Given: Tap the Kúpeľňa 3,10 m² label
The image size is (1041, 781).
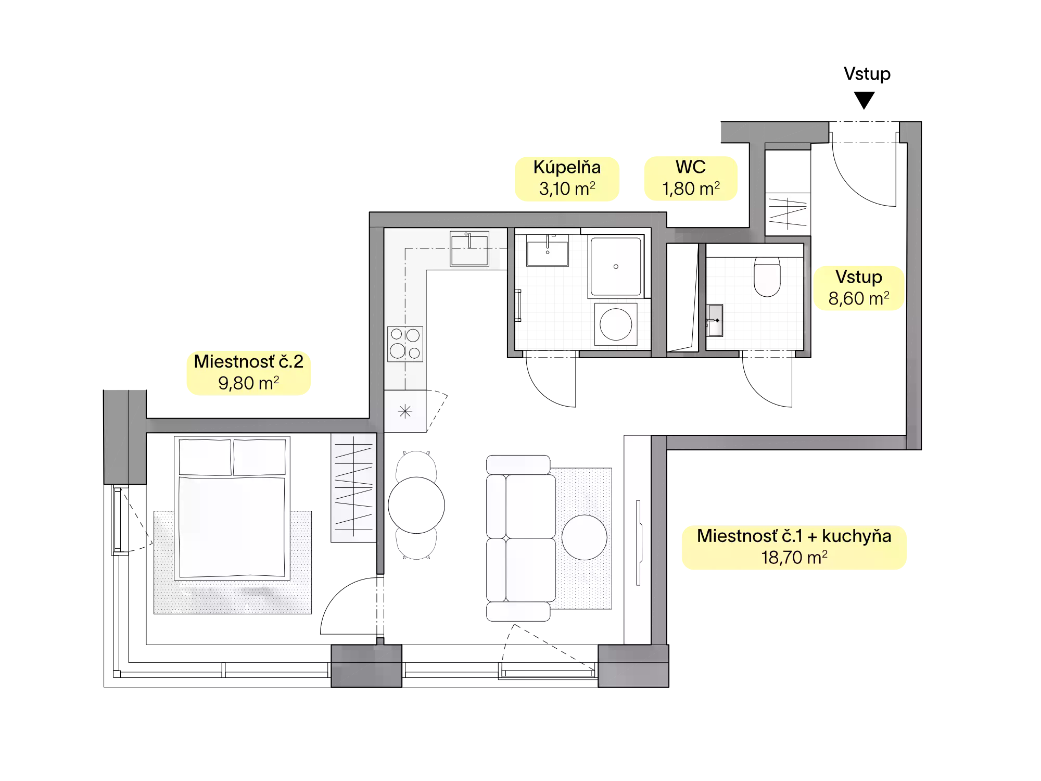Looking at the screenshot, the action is [567, 179].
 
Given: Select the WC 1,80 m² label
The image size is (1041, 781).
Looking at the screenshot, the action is [691, 178].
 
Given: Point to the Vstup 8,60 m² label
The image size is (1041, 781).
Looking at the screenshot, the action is [859, 288].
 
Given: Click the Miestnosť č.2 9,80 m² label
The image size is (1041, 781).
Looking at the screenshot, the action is [249, 373].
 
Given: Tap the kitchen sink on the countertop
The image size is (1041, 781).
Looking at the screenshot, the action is [469, 249].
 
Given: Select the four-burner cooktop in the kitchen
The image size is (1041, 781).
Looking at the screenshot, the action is [405, 344].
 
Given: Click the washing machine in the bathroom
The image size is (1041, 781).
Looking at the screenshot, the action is [616, 324].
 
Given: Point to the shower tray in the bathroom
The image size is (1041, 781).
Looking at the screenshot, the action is [616, 267].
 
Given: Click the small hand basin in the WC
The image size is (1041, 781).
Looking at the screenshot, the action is [715, 320].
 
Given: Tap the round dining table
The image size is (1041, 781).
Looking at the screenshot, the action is [416, 505].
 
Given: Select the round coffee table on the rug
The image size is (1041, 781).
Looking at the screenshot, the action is [584, 537].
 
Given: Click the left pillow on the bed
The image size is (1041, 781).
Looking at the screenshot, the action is [205, 457].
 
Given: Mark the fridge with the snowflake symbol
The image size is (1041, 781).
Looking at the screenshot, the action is [405, 411].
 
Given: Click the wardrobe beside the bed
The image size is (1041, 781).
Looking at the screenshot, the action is [353, 487].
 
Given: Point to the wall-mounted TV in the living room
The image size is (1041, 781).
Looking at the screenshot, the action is [639, 543].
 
